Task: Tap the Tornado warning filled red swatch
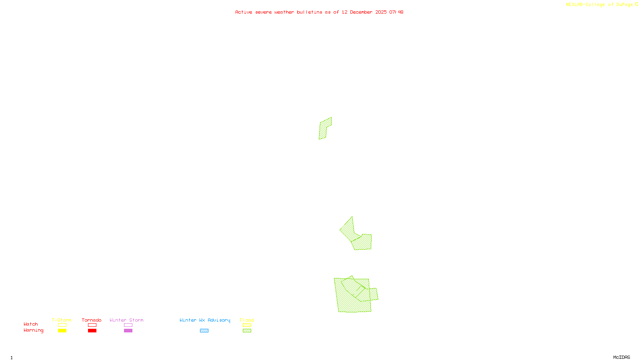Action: pyautogui.click(x=92, y=331)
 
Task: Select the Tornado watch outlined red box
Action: pyautogui.click(x=92, y=325)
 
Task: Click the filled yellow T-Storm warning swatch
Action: pyautogui.click(x=62, y=331)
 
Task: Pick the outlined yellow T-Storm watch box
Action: pyautogui.click(x=62, y=325)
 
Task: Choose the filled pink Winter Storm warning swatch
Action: pyautogui.click(x=128, y=331)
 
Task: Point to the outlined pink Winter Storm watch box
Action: pyautogui.click(x=128, y=325)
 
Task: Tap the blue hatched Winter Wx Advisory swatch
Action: pyautogui.click(x=204, y=331)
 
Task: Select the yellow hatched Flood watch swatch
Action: pyautogui.click(x=247, y=325)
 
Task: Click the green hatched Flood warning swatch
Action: pyautogui.click(x=247, y=331)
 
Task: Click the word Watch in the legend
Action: pyautogui.click(x=31, y=324)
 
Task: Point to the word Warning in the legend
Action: pyautogui.click(x=33, y=330)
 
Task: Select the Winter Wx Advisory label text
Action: pyautogui.click(x=205, y=320)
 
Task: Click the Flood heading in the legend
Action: pyautogui.click(x=247, y=320)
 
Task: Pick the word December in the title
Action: pyautogui.click(x=361, y=12)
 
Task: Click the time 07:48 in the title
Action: pyautogui.click(x=396, y=12)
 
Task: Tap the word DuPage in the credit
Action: pyautogui.click(x=624, y=5)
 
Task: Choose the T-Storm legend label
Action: pyautogui.click(x=62, y=320)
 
